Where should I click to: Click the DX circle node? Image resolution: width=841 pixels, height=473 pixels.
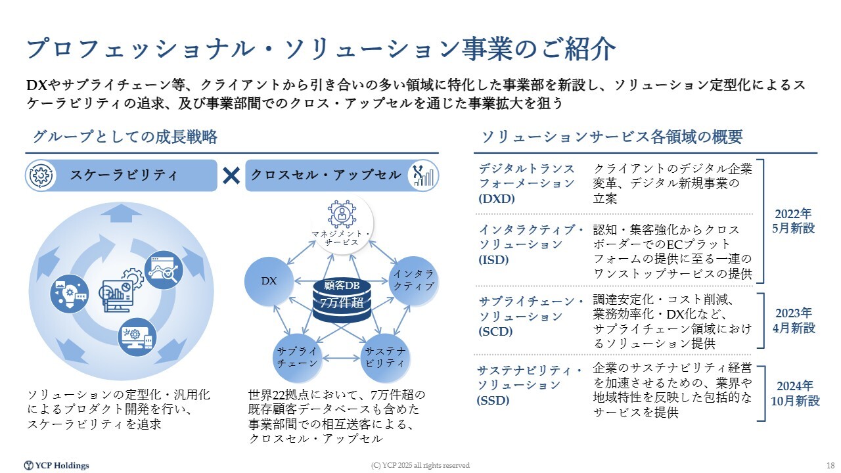pyautogui.click(x=269, y=281)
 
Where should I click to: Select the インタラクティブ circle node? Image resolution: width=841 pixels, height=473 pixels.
pyautogui.click(x=413, y=281)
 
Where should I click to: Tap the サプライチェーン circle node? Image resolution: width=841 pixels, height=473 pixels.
pyautogui.click(x=297, y=358)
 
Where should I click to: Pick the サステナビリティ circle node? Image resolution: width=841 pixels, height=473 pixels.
pyautogui.click(x=385, y=358)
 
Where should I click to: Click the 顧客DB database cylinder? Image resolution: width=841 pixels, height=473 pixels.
pyautogui.click(x=342, y=300)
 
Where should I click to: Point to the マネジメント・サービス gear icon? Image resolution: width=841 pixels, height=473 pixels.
pyautogui.click(x=342, y=214)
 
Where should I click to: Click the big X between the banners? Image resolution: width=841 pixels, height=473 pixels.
pyautogui.click(x=231, y=175)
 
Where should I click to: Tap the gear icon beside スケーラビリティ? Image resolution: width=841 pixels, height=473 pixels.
pyautogui.click(x=41, y=175)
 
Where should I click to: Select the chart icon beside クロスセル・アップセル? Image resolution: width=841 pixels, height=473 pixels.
pyautogui.click(x=423, y=175)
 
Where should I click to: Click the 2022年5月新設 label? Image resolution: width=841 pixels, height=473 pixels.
pyautogui.click(x=793, y=221)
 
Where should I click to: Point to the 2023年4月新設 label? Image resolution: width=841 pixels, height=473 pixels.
pyautogui.click(x=794, y=321)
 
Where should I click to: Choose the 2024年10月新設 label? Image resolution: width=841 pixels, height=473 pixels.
pyautogui.click(x=795, y=394)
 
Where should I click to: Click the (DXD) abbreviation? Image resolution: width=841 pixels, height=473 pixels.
pyautogui.click(x=496, y=198)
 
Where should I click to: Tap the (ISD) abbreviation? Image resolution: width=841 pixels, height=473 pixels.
pyautogui.click(x=493, y=259)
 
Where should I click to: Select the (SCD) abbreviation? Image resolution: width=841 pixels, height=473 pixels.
pyautogui.click(x=495, y=332)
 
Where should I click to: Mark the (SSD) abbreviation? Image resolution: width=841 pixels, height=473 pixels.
pyautogui.click(x=493, y=401)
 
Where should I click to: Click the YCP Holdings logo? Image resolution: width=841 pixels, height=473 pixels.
pyautogui.click(x=57, y=466)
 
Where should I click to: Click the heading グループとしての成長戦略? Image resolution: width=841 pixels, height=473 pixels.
pyautogui.click(x=125, y=137)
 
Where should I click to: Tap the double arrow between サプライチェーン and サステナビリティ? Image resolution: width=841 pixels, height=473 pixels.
pyautogui.click(x=341, y=358)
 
